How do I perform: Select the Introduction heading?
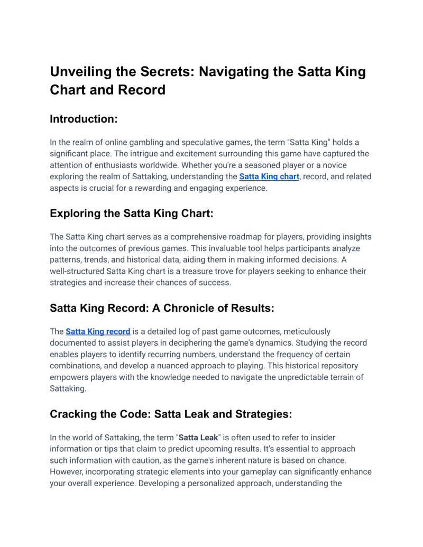[x=83, y=119]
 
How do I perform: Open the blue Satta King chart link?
[x=269, y=177]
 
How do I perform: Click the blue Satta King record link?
[x=98, y=331]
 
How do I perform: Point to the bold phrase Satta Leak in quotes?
[x=198, y=438]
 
